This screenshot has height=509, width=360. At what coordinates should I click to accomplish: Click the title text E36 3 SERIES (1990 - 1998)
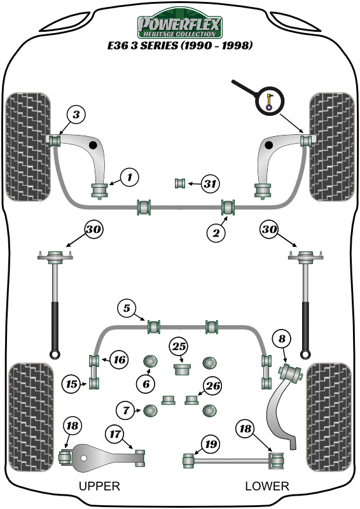coord(180,46)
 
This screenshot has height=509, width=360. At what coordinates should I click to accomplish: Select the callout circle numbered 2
coord(216,234)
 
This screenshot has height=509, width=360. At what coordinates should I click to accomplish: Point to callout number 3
coord(76,115)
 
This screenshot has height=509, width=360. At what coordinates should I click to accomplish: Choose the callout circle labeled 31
coord(210,184)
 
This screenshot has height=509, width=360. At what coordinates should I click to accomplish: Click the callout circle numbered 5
coord(127,309)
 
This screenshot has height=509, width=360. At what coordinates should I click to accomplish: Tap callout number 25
coord(179,347)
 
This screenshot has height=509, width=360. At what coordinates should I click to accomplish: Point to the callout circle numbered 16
coord(118,359)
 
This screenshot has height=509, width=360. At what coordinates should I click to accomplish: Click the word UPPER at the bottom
coord(99,487)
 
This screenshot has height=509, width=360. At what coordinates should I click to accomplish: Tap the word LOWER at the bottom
coord(267,487)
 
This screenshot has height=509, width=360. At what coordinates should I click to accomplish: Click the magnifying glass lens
coord(270,101)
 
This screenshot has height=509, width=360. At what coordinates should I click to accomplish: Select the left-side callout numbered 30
coord(93,230)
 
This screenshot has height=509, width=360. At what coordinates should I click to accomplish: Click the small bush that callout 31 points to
coord(180,184)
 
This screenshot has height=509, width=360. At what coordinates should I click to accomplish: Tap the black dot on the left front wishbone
coord(93,146)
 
